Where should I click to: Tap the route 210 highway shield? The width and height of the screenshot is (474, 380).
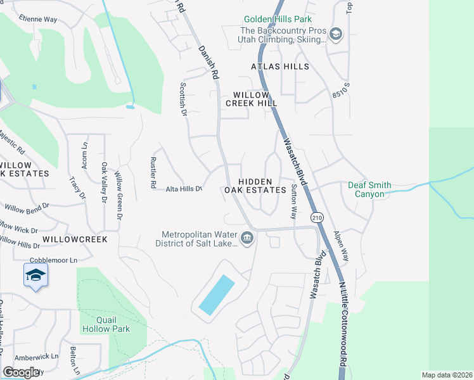tap(317, 217)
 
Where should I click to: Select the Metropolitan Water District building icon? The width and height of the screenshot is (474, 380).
tap(247, 239)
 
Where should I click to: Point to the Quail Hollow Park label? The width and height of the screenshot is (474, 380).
tap(105, 324)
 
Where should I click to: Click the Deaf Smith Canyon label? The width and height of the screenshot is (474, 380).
tap(378, 189)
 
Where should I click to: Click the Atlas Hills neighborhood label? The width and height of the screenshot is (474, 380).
tap(279, 66)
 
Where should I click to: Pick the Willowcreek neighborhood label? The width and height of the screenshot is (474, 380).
tap(75, 239)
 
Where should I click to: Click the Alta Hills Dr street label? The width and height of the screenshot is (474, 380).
tap(184, 189)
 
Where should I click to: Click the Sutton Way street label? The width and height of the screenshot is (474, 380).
tap(294, 201)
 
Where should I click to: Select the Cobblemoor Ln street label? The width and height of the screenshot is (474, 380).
tap(53, 260)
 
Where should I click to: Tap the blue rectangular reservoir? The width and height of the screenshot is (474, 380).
tap(216, 294)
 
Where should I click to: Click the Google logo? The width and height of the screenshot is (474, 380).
tap(21, 372)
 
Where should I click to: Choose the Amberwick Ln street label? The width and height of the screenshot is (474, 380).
tap(37, 357)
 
